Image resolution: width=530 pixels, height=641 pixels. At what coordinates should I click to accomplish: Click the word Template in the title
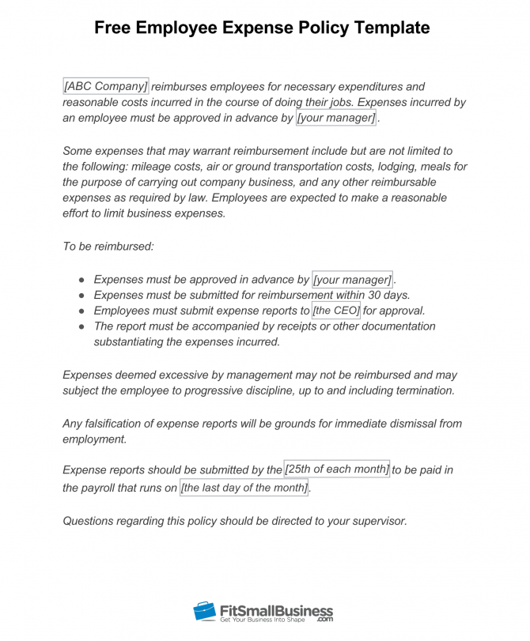[390, 28]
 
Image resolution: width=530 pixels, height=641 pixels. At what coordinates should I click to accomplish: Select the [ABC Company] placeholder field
[105, 86]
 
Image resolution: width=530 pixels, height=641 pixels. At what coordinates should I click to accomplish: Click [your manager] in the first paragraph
[336, 118]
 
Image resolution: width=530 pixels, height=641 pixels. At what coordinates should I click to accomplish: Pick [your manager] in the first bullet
[353, 279]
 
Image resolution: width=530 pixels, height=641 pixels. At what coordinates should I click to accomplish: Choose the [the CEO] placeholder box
[336, 311]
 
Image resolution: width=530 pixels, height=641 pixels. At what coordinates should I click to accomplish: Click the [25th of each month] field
[337, 469]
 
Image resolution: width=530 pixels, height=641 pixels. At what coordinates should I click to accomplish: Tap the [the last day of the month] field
[244, 488]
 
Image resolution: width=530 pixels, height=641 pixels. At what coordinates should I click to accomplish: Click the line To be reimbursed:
[108, 247]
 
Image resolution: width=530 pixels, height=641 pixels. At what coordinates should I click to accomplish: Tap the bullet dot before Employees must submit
[82, 311]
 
